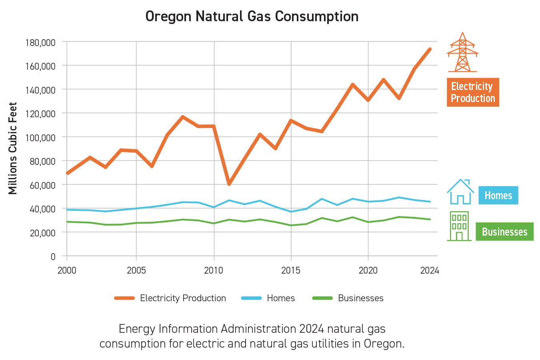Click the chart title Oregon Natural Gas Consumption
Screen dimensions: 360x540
pyautogui.click(x=252, y=16)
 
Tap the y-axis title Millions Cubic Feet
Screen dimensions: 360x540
pyautogui.click(x=13, y=148)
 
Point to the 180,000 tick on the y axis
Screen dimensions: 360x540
pyautogui.click(x=40, y=42)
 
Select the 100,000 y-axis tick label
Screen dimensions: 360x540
pyautogui.click(x=40, y=138)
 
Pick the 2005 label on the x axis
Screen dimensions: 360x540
pyautogui.click(x=136, y=270)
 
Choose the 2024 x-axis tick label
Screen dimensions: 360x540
pyautogui.click(x=430, y=270)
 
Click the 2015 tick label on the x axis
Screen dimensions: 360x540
pyautogui.click(x=291, y=270)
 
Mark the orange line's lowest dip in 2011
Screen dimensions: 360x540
pyautogui.click(x=229, y=184)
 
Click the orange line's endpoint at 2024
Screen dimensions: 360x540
pyautogui.click(x=430, y=49)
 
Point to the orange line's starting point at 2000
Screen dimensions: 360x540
pyautogui.click(x=67, y=173)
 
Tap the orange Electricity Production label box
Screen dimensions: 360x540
pyautogui.click(x=473, y=92)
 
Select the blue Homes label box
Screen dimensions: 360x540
pyautogui.click(x=498, y=195)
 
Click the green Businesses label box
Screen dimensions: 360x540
pyautogui.click(x=504, y=232)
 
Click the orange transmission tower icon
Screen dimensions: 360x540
pyautogui.click(x=462, y=52)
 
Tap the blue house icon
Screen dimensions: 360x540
pyautogui.click(x=460, y=192)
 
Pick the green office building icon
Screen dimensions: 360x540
pyautogui.click(x=459, y=226)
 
